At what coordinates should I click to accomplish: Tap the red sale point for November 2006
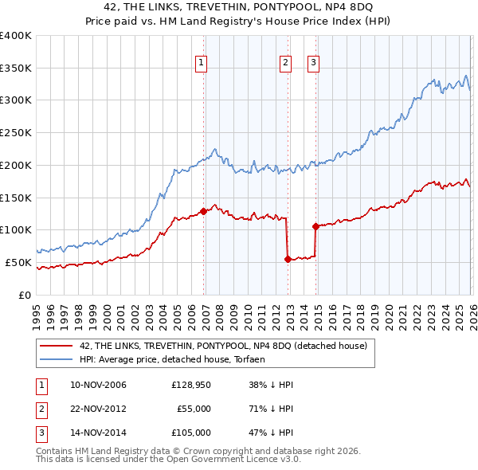click(204, 211)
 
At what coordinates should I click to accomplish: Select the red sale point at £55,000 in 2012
click(288, 258)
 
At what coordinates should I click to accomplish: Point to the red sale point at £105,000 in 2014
click(315, 226)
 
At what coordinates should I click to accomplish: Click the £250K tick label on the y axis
click(15, 133)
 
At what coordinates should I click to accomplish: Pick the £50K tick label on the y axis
click(18, 262)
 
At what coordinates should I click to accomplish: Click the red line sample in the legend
click(57, 347)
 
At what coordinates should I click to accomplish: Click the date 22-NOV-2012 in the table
click(98, 409)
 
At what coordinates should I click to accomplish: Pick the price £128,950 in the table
click(191, 385)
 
